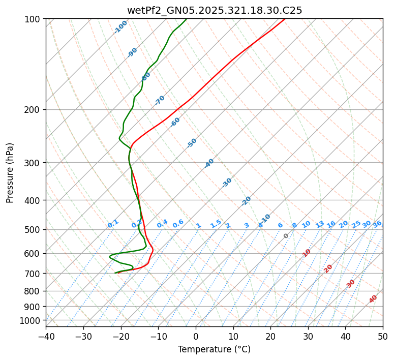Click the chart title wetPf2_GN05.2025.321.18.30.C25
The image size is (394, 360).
pyautogui.click(x=214, y=10)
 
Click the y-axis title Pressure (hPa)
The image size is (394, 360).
pyautogui.click(x=10, y=172)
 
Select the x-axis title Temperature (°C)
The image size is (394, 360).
pyautogui.click(x=214, y=349)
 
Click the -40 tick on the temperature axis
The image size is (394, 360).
pyautogui.click(x=46, y=336)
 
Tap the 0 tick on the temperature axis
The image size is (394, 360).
pyautogui.click(x=196, y=336)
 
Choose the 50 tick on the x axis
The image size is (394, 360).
pyautogui.click(x=383, y=336)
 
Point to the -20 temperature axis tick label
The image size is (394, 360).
pyautogui.click(x=120, y=336)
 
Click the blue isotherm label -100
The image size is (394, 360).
pyautogui.click(x=121, y=27)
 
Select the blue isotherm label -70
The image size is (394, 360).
pyautogui.click(x=160, y=100)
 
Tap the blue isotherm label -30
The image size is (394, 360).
pyautogui.click(x=227, y=183)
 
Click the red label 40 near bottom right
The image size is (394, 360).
pyautogui.click(x=373, y=299)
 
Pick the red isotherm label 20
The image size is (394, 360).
pyautogui.click(x=328, y=268)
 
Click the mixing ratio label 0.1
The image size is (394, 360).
pyautogui.click(x=113, y=224)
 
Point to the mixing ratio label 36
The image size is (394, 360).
pyautogui.click(x=377, y=224)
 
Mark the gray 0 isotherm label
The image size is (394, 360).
pyautogui.click(x=286, y=236)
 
